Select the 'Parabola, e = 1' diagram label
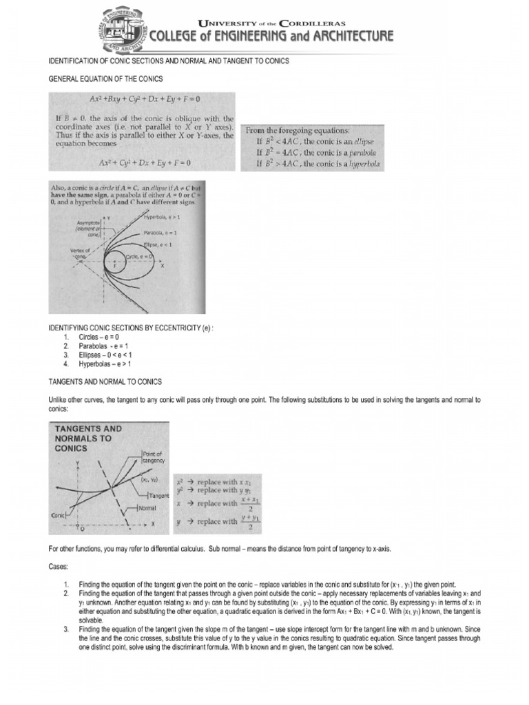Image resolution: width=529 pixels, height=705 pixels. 163,233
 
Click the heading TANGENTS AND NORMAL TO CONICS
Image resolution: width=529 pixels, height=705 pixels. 105,381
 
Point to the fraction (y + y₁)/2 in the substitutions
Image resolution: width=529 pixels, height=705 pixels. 249,521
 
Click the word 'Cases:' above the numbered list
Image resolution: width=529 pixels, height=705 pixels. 59,566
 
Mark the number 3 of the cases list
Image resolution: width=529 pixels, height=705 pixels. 65,629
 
